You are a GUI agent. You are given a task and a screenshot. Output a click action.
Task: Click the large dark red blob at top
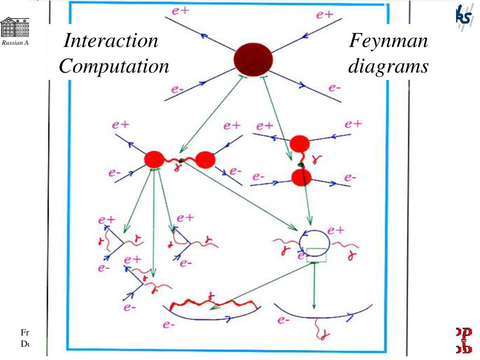(253, 58)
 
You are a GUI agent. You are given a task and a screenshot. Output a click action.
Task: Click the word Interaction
(111, 41)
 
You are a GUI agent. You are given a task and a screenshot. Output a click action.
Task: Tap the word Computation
(114, 67)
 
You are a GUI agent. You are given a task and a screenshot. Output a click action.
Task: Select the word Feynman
(388, 41)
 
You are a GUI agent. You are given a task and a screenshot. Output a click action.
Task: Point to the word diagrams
(388, 67)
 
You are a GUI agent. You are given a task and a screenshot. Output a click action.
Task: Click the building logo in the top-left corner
(14, 28)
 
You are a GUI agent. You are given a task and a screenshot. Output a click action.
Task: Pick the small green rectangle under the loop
(316, 255)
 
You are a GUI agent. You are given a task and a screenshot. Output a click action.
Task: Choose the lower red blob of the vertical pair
(301, 178)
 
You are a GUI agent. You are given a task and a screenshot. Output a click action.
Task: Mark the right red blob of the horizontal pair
(205, 160)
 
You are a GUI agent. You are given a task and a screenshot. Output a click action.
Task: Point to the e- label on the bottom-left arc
(169, 325)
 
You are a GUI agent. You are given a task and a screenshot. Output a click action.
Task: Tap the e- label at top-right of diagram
(334, 88)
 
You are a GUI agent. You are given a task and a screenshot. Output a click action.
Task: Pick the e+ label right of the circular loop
(336, 230)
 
